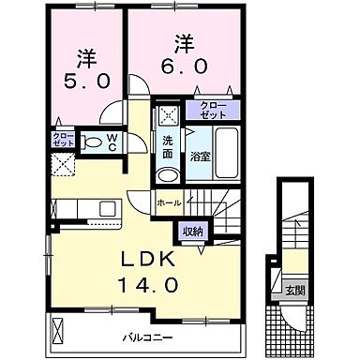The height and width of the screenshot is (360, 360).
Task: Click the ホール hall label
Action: pos(169,202)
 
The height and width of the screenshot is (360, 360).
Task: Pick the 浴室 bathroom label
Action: pos(200,155)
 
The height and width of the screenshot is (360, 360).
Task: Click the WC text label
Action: pos(111,143)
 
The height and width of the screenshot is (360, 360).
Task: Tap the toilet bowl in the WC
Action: pos(92,143)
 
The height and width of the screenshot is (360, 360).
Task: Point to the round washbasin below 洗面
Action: pos(168,174)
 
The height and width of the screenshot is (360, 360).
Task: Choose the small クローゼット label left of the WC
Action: pos(63,140)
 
